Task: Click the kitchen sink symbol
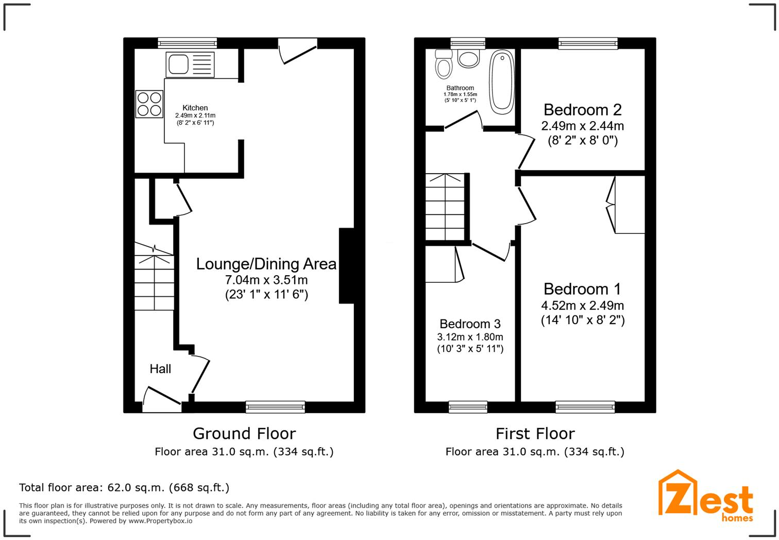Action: pos(190,64)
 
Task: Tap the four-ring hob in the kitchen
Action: pos(149,104)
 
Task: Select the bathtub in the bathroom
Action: pos(501,82)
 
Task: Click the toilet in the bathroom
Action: pos(443,64)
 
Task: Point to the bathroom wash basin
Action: pos(468,58)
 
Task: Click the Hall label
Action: pos(160,369)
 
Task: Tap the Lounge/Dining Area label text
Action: pos(266,264)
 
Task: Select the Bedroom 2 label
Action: pos(582,110)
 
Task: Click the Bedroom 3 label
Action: pos(470,324)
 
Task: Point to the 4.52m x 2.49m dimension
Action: pos(582,305)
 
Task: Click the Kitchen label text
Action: pos(195,108)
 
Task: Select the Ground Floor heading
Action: pos(244,433)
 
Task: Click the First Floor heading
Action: pos(535,433)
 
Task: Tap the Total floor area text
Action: pos(124,487)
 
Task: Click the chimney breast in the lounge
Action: pos(346,265)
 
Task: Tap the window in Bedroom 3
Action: pos(468,407)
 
